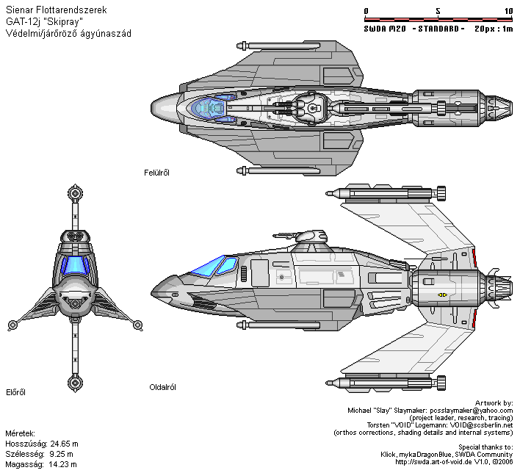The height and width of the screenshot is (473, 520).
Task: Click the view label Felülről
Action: point(156,173)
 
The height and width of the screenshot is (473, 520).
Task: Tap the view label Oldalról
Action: point(162,387)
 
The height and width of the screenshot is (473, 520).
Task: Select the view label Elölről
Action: point(15,392)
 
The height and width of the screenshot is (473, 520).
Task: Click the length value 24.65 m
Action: point(65,444)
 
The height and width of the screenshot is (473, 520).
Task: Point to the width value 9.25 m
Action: point(61,454)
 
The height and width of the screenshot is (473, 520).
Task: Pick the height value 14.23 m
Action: point(62,464)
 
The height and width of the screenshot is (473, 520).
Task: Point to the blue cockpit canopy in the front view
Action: point(75,265)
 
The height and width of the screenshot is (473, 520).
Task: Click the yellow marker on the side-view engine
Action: point(442,295)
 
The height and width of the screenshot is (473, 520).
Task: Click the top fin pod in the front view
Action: point(75,193)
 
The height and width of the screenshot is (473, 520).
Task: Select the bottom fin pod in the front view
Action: point(75,383)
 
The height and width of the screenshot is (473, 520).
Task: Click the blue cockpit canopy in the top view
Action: point(209,108)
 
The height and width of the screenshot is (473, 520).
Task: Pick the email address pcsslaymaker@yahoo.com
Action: point(472,411)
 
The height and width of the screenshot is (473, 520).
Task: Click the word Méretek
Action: point(21,433)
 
